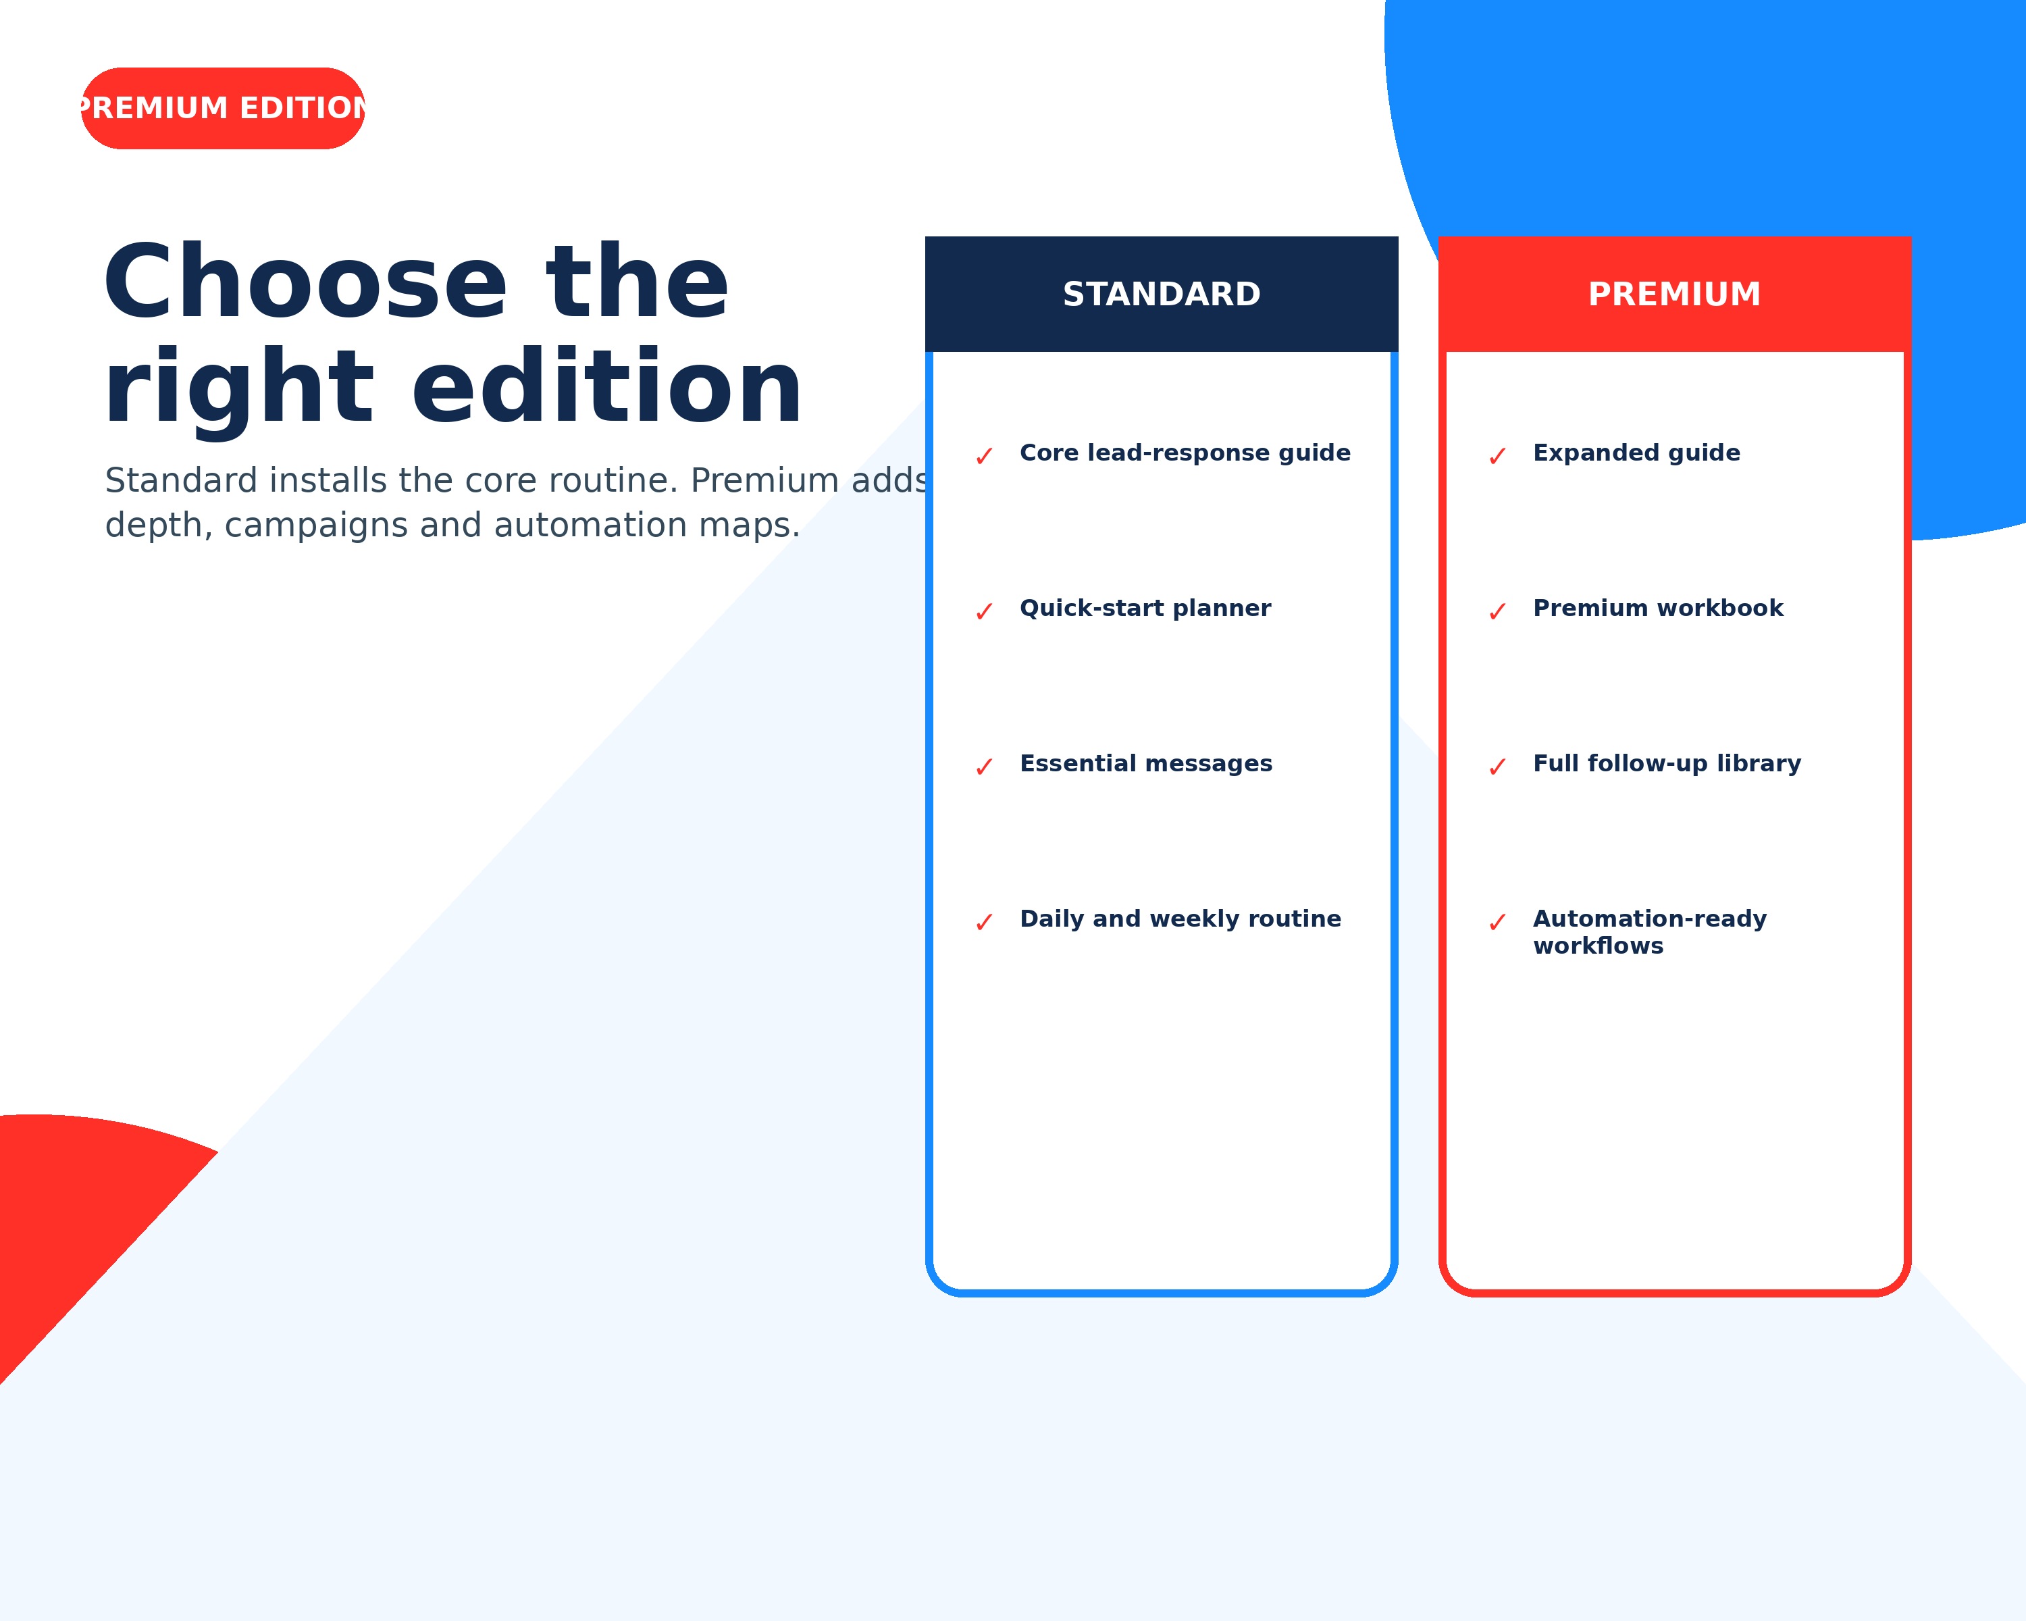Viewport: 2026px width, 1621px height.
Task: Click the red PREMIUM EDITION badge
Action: pyautogui.click(x=223, y=108)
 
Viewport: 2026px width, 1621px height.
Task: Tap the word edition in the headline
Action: pyautogui.click(x=607, y=387)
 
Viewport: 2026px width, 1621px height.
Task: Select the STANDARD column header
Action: pyautogui.click(x=1162, y=294)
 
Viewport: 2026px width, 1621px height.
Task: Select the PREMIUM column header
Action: pyautogui.click(x=1675, y=294)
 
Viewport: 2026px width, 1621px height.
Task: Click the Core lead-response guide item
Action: pyautogui.click(x=1185, y=453)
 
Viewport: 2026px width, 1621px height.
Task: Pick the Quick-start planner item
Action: pyautogui.click(x=1145, y=608)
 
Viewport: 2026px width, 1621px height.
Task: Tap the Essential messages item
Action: pyautogui.click(x=1147, y=763)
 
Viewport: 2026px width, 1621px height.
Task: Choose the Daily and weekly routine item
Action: pyautogui.click(x=1180, y=919)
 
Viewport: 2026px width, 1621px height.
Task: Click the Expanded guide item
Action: pyautogui.click(x=1637, y=453)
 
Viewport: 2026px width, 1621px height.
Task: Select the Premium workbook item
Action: pyautogui.click(x=1659, y=608)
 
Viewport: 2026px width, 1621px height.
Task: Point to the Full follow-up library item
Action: pyautogui.click(x=1667, y=763)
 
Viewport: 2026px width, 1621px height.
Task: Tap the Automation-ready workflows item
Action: pyautogui.click(x=1650, y=932)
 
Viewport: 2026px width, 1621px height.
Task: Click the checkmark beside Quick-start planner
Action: pyautogui.click(x=984, y=612)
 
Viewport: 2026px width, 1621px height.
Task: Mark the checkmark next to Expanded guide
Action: pyautogui.click(x=1497, y=457)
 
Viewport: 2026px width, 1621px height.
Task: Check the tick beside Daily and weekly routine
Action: pyautogui.click(x=984, y=923)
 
